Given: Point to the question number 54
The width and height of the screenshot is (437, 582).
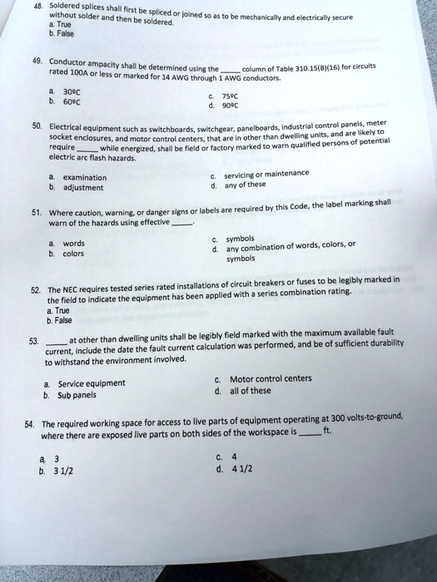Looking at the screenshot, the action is pyautogui.click(x=32, y=422).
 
